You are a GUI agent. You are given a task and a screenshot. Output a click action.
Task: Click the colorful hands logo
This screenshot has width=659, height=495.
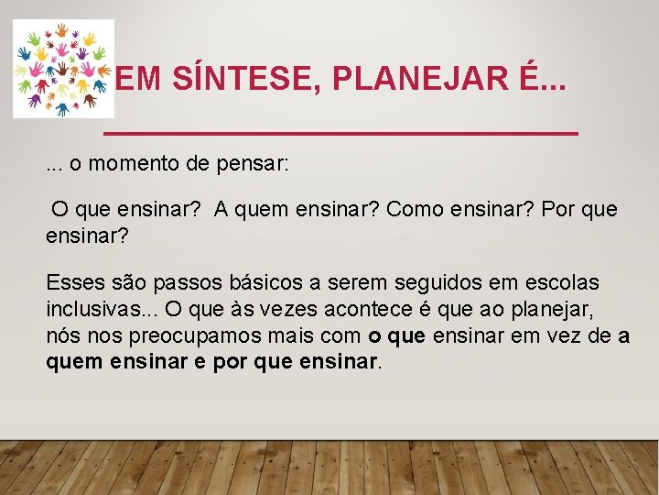(x=63, y=69)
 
